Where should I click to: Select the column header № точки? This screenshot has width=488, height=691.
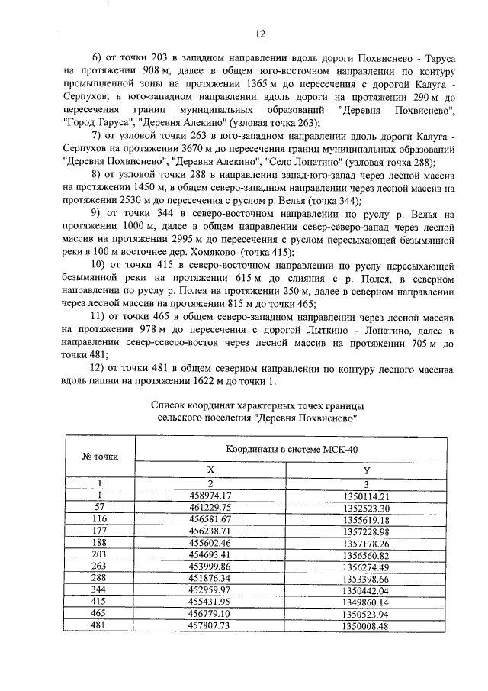100,455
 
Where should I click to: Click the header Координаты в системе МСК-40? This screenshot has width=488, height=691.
286,449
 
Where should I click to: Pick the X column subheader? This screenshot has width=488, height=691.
210,470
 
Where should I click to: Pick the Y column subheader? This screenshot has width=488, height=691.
367,470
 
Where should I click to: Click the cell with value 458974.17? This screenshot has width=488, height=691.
210,496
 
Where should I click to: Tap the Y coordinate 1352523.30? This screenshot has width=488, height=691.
367,508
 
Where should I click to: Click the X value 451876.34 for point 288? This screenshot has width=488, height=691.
210,579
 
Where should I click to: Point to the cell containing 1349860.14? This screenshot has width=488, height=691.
367,602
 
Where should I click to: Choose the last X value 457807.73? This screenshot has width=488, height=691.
210,626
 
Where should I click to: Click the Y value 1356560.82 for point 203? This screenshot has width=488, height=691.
367,555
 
